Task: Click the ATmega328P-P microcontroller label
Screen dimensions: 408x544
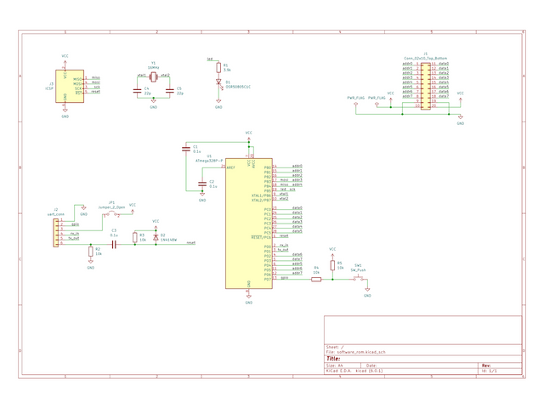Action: click(x=209, y=160)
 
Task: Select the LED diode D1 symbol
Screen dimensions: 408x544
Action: click(x=218, y=83)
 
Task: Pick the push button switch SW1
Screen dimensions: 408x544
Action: click(x=359, y=279)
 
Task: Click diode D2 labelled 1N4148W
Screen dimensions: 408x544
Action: click(x=156, y=237)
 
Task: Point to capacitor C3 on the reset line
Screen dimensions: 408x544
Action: click(x=114, y=243)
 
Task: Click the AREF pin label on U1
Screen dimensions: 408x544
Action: click(x=230, y=168)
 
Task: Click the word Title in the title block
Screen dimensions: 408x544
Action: click(x=334, y=359)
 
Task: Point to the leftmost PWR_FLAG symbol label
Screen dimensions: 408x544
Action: click(x=355, y=99)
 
